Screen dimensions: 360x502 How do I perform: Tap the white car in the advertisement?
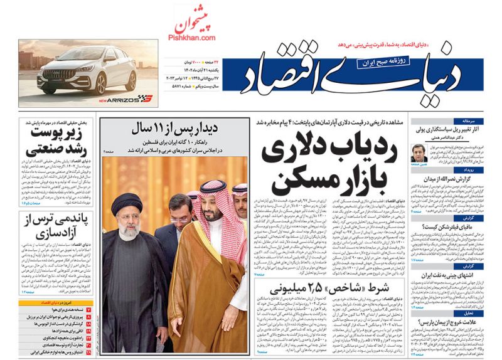point(78,71)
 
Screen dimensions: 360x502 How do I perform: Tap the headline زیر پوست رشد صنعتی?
point(56,142)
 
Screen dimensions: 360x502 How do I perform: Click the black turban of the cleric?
point(127,203)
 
